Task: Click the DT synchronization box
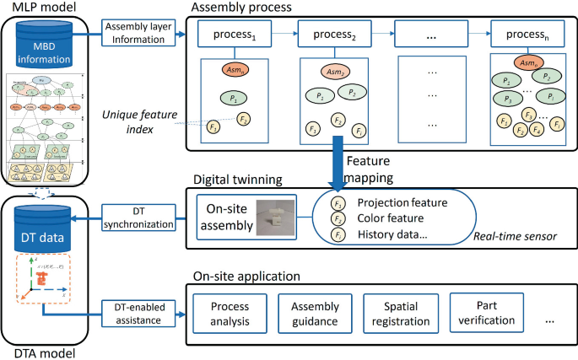138,216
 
